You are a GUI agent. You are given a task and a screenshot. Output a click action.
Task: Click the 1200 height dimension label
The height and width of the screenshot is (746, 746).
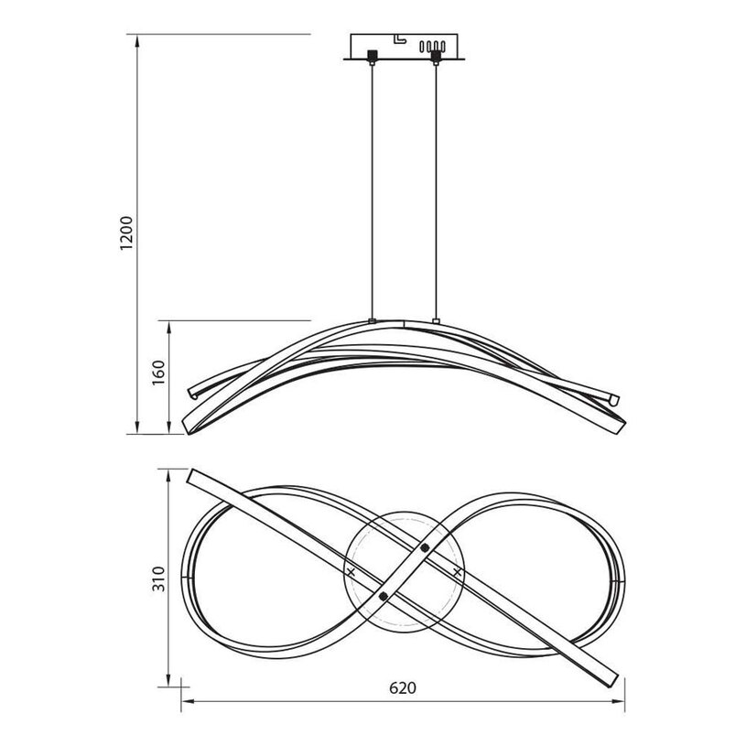tap(126, 233)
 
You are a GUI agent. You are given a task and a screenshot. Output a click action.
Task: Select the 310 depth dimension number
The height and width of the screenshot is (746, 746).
tap(158, 578)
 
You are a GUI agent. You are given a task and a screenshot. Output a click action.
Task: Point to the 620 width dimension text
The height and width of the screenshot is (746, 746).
tap(403, 688)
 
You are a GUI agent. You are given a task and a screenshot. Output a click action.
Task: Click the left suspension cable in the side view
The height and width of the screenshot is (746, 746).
tap(372, 191)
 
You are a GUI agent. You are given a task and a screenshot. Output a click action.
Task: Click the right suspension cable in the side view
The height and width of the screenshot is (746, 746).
tap(436, 191)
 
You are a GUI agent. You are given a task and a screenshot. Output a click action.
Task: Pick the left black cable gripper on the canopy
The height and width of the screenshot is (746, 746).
tap(372, 55)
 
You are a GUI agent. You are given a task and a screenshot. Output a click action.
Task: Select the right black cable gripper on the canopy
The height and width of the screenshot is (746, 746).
tap(435, 56)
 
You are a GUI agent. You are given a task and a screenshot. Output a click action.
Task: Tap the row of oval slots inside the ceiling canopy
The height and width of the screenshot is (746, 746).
tap(432, 46)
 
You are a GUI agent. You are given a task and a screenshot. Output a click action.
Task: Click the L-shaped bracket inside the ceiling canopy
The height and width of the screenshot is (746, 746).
tap(400, 38)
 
